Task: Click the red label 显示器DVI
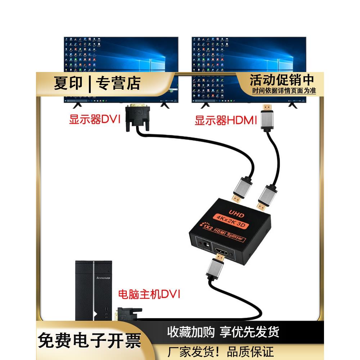tap(94, 120)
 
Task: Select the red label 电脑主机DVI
tap(149, 295)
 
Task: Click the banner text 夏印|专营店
tap(97, 84)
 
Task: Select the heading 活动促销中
tap(282, 80)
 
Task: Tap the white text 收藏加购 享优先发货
tap(223, 332)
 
